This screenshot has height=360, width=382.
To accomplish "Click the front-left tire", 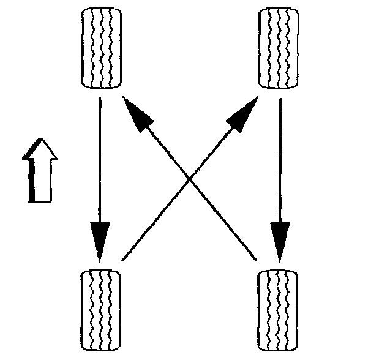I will (x=102, y=47).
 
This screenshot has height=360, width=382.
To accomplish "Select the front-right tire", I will (x=279, y=47).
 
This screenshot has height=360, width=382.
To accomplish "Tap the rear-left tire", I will (x=102, y=310).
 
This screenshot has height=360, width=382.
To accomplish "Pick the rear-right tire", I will (x=279, y=310).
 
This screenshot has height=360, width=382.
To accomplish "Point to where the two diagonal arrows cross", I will (x=190, y=178).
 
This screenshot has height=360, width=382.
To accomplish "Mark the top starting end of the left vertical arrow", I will (x=99, y=97).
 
